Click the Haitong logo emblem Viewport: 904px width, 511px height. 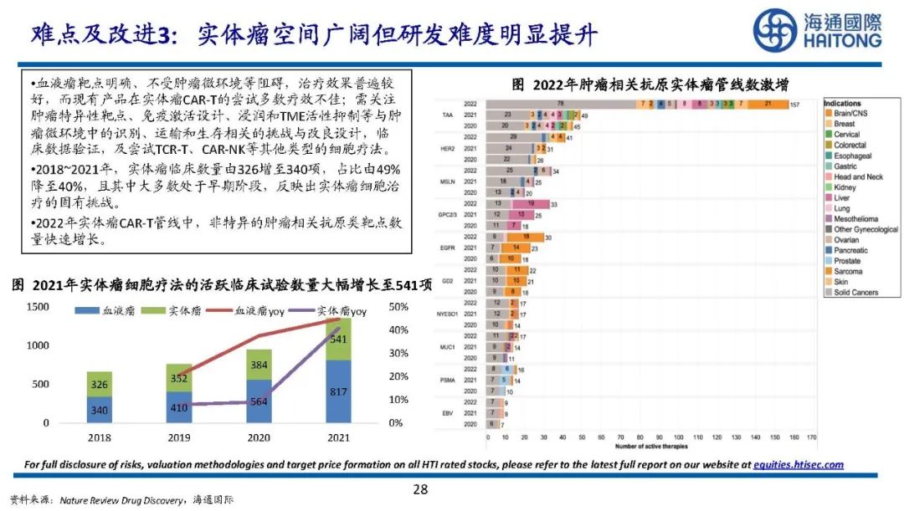coord(774,31)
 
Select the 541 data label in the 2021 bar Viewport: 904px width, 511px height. coord(338,340)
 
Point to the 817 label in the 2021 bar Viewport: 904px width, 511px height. coord(338,392)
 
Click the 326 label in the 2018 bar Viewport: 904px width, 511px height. coord(100,384)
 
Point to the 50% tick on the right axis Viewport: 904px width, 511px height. coord(399,307)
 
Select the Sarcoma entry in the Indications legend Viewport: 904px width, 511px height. coord(849,272)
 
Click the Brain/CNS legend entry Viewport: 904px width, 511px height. coord(851,112)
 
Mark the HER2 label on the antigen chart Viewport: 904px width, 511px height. coord(447,147)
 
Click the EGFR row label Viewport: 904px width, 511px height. coord(447,248)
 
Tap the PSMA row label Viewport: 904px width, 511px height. coord(447,380)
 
